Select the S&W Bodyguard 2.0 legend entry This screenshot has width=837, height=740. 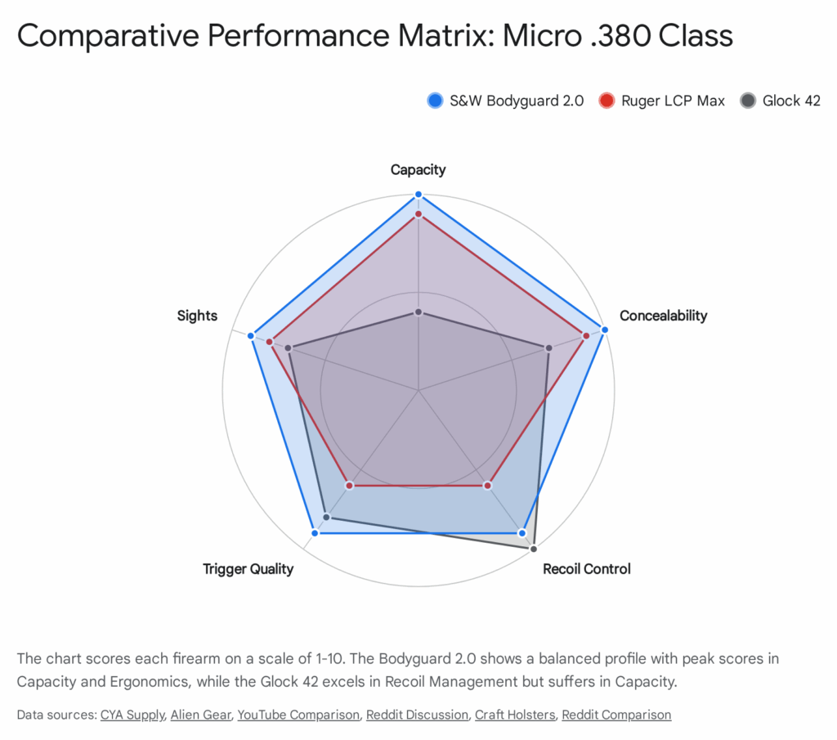[505, 101]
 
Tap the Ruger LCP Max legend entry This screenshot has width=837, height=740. [662, 101]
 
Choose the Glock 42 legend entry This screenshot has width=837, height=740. [780, 101]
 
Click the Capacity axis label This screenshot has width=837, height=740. [418, 170]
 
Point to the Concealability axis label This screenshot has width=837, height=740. [663, 316]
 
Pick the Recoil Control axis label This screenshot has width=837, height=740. [586, 569]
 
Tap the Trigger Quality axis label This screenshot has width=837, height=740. [248, 569]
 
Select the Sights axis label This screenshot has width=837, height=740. [197, 316]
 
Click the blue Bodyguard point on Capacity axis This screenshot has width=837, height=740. [418, 195]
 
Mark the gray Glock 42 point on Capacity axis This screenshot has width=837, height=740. [418, 312]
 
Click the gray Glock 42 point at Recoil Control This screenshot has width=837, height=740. [534, 549]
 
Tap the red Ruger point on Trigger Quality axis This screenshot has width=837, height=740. [350, 486]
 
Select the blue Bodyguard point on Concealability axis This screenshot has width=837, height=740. [605, 330]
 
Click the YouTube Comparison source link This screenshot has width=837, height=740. [298, 715]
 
